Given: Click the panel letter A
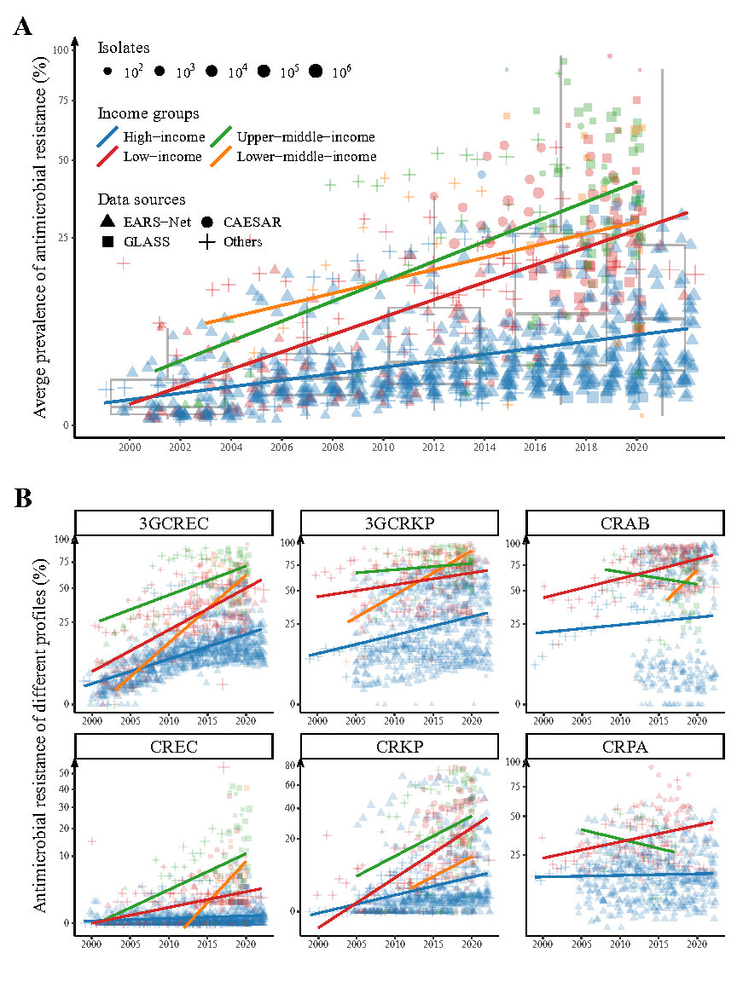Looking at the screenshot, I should (23, 26).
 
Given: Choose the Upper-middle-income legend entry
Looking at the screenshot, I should (305, 136).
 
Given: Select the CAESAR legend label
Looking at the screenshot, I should (252, 222).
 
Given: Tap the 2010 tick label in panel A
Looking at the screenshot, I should (382, 446).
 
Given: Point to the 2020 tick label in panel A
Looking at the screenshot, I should (635, 446).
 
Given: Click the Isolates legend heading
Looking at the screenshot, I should (123, 48).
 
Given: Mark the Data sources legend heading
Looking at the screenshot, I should (141, 200).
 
